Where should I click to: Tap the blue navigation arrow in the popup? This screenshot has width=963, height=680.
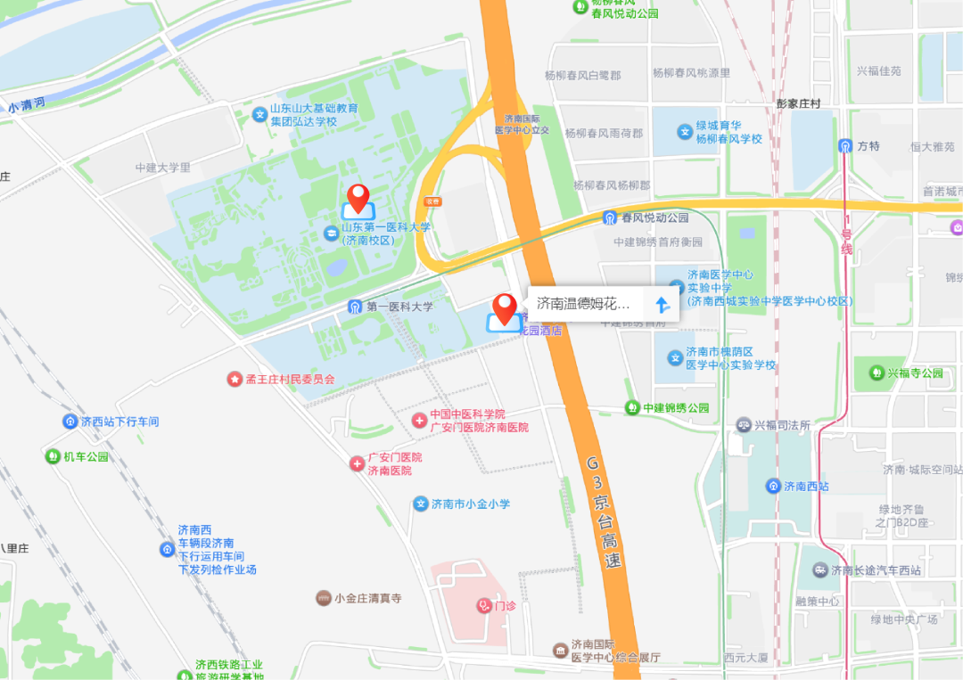click(x=662, y=304)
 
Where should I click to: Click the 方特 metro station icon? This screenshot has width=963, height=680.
click(x=844, y=145)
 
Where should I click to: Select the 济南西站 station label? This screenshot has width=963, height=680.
click(x=806, y=486)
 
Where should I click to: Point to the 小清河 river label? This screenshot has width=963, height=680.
click(x=27, y=106)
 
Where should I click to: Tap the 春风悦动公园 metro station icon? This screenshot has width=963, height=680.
click(x=610, y=217)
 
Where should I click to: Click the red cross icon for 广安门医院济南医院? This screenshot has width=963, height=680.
click(x=357, y=463)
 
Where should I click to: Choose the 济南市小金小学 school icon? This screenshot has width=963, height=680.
click(x=421, y=504)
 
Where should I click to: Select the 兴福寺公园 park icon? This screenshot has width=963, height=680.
click(x=876, y=373)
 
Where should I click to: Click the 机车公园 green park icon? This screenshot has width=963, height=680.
click(x=53, y=456)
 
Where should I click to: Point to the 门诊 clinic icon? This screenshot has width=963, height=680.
click(x=484, y=605)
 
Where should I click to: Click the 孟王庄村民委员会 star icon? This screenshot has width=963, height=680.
click(x=234, y=379)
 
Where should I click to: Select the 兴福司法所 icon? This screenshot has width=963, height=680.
click(x=744, y=425)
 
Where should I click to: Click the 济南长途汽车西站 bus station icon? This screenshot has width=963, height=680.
click(x=819, y=569)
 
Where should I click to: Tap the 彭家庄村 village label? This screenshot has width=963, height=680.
click(x=797, y=103)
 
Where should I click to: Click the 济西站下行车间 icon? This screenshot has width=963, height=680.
click(x=70, y=421)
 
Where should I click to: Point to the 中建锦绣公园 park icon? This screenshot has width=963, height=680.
click(x=632, y=407)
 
